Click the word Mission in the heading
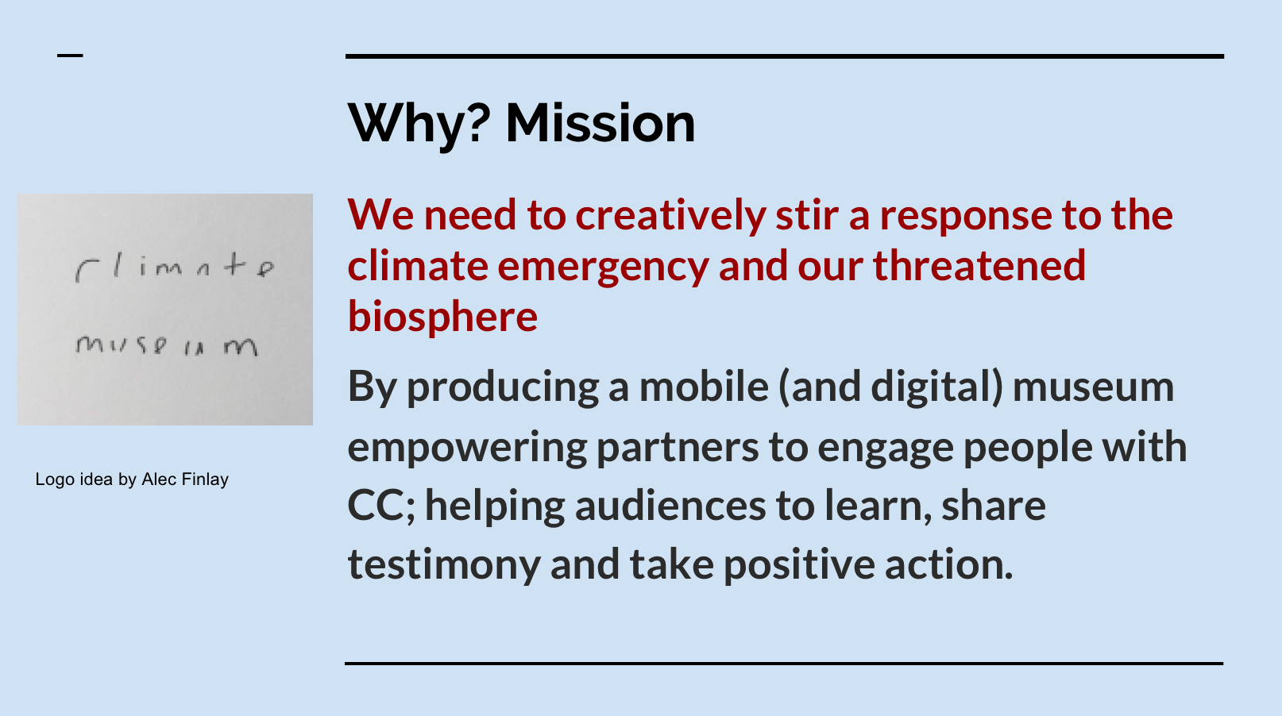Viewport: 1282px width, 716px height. [x=600, y=123]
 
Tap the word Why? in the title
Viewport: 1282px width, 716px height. [x=419, y=125]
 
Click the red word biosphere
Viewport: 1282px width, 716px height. [x=443, y=317]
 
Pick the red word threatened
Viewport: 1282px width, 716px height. [x=979, y=265]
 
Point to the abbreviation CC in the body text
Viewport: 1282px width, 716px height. [x=376, y=506]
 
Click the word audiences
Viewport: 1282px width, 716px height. [x=670, y=506]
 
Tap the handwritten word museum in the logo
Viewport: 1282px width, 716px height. [x=167, y=345]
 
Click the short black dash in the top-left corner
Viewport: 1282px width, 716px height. [x=70, y=56]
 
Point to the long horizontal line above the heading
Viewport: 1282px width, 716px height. [x=785, y=56]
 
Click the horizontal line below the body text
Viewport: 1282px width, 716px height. [x=784, y=664]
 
